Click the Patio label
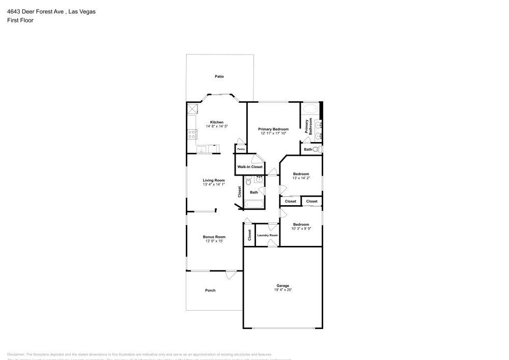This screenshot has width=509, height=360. click(219, 76)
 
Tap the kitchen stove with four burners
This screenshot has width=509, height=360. click(192, 134)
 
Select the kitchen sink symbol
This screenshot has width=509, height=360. click(202, 150)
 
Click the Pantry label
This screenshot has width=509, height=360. click(241, 149)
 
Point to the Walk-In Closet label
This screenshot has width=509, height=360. click(250, 167)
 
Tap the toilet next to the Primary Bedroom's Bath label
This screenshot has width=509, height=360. click(317, 150)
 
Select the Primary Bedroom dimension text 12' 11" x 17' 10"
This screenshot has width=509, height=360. click(273, 133)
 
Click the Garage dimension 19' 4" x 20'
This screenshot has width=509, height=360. click(282, 290)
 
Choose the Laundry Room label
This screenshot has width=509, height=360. click(267, 235)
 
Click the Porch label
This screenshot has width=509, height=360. click(210, 290)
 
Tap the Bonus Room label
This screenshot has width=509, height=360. click(214, 237)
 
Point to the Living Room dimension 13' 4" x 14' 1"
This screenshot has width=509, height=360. click(214, 184)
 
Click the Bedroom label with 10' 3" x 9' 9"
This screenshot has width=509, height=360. click(301, 225)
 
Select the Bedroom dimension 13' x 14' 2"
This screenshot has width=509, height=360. click(301, 179)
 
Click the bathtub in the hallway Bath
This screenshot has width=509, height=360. click(254, 204)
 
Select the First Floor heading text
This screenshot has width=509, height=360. click(20, 20)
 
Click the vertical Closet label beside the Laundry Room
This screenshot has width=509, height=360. click(249, 235)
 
